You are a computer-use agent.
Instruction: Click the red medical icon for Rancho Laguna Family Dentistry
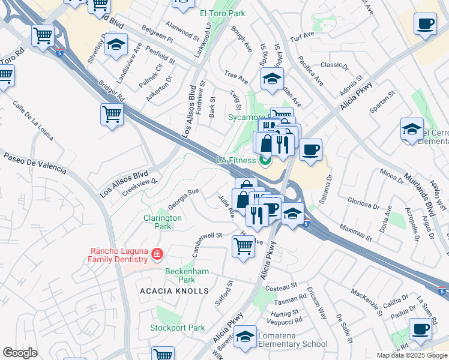pyautogui.click(x=158, y=254)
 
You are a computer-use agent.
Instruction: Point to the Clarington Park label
pyautogui.click(x=161, y=222)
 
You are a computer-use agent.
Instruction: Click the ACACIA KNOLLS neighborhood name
pyautogui.click(x=166, y=291)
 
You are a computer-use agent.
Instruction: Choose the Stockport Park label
pyautogui.click(x=178, y=328)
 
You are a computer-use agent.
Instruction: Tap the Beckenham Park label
pyautogui.click(x=187, y=275)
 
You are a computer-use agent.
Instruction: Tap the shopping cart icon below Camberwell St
pyautogui.click(x=243, y=244)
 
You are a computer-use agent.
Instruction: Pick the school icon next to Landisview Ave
pyautogui.click(x=116, y=44)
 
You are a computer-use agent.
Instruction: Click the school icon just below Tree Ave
pyautogui.click(x=271, y=78)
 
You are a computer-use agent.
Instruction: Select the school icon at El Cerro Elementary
pyautogui.click(x=412, y=128)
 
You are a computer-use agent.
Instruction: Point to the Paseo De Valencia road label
pyautogui.click(x=34, y=163)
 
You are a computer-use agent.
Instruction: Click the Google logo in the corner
pyautogui.click(x=20, y=353)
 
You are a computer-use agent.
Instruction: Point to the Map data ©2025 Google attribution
pyautogui.click(x=412, y=355)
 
